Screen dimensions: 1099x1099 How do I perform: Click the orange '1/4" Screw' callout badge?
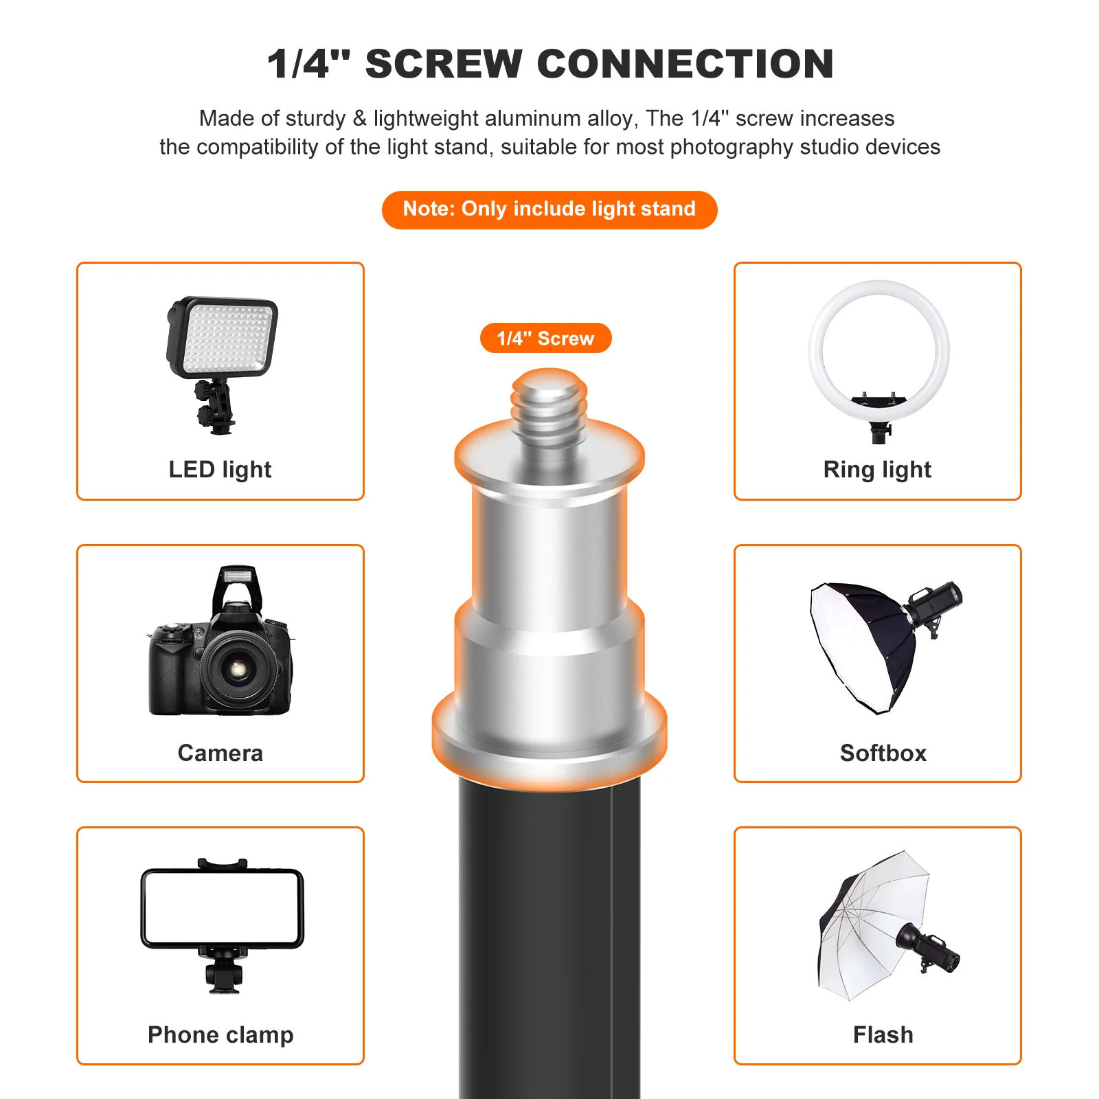tap(545, 338)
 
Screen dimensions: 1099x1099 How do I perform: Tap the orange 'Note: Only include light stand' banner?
tap(549, 209)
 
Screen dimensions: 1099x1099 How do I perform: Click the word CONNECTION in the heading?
tap(685, 64)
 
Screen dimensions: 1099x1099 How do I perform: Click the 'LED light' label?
tap(220, 470)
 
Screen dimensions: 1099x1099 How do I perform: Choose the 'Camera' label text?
tap(220, 753)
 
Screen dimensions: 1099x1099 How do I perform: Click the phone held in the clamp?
tap(222, 908)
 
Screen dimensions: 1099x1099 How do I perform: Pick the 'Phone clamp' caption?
tap(220, 1035)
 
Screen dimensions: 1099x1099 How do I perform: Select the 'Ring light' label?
tap(877, 470)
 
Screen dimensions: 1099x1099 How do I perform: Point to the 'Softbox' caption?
tap(883, 753)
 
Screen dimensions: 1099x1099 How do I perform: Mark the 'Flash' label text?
tap(883, 1035)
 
